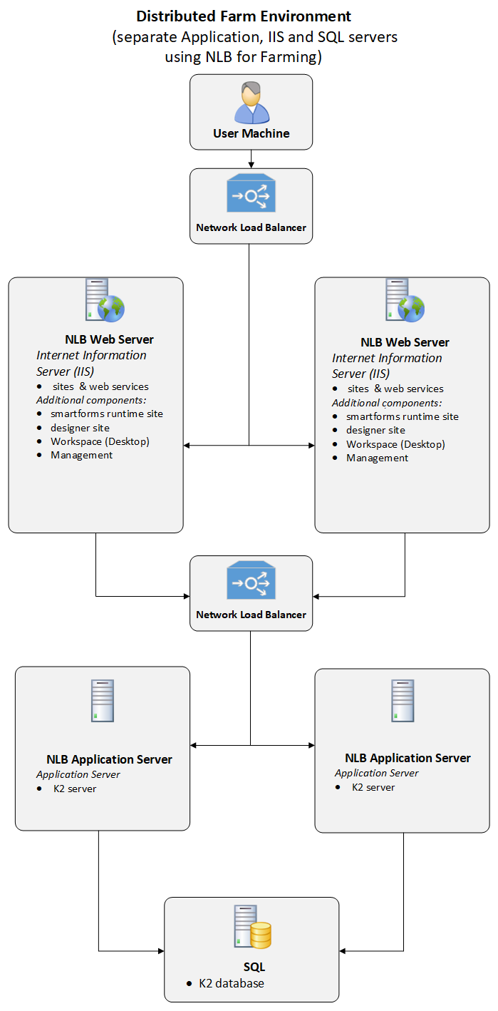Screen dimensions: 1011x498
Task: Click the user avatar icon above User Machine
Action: coord(251,103)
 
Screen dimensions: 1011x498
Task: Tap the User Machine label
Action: coord(251,133)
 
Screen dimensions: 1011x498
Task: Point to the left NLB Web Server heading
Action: coord(109,339)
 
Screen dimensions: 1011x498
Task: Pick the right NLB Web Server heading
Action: coord(405,342)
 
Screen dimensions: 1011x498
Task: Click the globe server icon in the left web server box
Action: coord(104,300)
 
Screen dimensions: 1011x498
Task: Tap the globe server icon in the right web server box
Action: coord(404,300)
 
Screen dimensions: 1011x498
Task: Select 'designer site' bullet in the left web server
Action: coord(80,428)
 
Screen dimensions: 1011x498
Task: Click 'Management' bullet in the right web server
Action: coord(377,458)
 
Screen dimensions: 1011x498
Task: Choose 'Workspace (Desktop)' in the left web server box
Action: coord(100,441)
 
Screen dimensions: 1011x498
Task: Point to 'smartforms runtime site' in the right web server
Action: coord(402,416)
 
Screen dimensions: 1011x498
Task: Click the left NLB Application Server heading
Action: coord(109,759)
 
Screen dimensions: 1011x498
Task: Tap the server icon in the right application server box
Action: coord(402,700)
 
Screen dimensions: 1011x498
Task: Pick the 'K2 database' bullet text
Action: coord(231,983)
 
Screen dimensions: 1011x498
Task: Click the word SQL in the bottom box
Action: coord(254,967)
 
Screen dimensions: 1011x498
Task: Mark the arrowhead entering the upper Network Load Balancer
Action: coord(251,165)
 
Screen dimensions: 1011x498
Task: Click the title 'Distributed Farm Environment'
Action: coord(244,16)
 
